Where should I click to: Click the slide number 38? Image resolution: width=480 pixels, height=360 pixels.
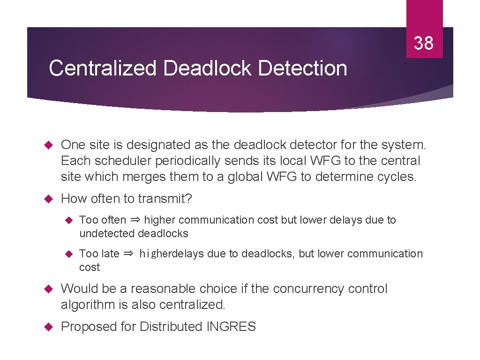coord(424,44)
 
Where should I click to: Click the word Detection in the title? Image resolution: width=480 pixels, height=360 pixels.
coord(302,68)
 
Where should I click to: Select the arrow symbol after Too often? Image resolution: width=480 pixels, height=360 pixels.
coord(135,220)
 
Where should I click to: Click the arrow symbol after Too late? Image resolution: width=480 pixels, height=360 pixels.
coord(128,254)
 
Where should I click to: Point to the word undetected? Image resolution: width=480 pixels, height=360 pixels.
coord(107,233)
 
